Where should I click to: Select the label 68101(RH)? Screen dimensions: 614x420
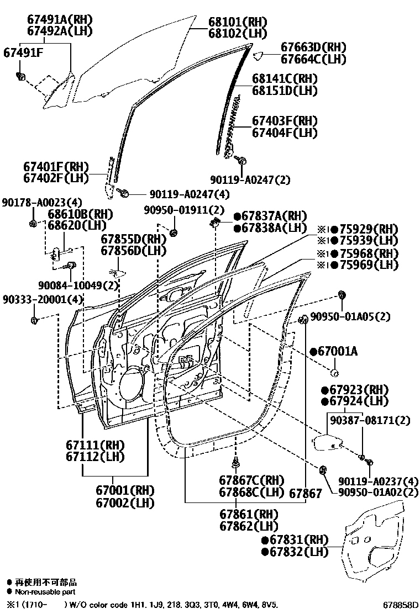[x=238, y=22]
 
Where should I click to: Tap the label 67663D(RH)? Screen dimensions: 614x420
[x=313, y=47]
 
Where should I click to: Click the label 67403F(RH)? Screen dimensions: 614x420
[x=285, y=121]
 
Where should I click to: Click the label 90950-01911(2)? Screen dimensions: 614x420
[x=185, y=210]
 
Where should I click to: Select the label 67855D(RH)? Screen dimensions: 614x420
[x=134, y=239]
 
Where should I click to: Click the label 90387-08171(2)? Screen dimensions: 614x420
[x=370, y=421]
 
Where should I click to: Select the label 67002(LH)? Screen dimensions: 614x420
[x=124, y=502]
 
